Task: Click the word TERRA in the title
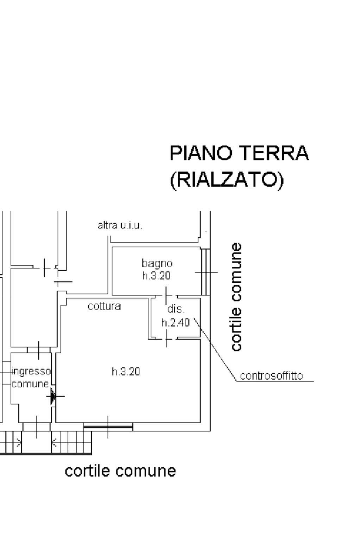[x=274, y=153]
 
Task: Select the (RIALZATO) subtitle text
[x=227, y=180]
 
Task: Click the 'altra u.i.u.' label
[x=120, y=225]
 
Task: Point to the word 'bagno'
[x=157, y=263]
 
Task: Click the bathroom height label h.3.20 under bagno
[x=156, y=275]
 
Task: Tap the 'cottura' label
[x=104, y=306]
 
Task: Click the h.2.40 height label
[x=176, y=322]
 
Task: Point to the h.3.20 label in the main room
[x=126, y=371]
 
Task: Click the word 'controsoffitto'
[x=271, y=376]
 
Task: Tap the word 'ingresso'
[x=31, y=371]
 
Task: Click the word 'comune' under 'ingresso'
[x=30, y=383]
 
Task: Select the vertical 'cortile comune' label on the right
[x=236, y=297]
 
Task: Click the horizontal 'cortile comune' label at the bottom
[x=120, y=471]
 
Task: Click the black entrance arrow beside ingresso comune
[x=53, y=396]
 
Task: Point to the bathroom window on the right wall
[x=205, y=272]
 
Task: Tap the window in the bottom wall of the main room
[x=108, y=427]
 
